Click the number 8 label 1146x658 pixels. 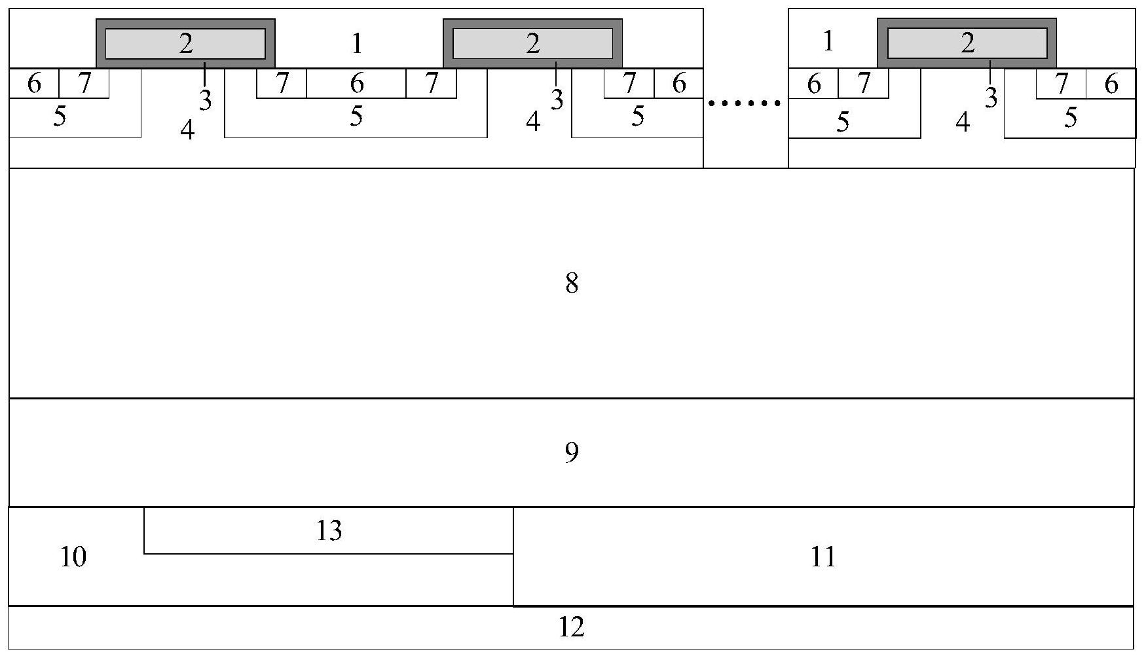point(572,283)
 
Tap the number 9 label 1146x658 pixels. point(572,452)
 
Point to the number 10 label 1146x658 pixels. point(73,557)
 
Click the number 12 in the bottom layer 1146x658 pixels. point(571,627)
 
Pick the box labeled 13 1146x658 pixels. point(328,530)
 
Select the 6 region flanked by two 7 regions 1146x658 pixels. point(356,83)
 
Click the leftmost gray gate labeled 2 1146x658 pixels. point(185,44)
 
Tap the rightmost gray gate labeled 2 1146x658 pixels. point(967,44)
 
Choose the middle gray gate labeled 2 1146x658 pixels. point(532,44)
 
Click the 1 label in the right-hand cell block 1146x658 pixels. point(828,41)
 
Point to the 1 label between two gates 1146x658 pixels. point(357,44)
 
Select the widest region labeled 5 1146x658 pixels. point(356,116)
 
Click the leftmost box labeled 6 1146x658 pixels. point(34,83)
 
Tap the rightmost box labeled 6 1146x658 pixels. point(1111,84)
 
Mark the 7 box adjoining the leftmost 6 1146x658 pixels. point(84,83)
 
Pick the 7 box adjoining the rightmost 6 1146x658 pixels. point(1061,84)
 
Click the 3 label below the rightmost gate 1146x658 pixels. point(991,98)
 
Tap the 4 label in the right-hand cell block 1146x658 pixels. point(962,122)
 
